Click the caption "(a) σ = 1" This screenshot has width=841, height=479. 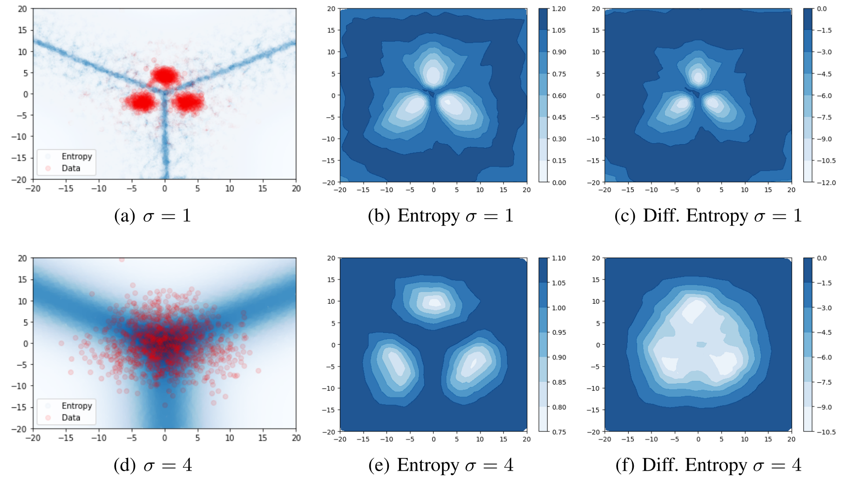(x=153, y=216)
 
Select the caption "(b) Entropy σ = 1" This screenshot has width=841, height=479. (x=441, y=216)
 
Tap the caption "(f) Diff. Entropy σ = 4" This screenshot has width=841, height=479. (x=708, y=465)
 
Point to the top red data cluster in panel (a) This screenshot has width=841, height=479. (x=164, y=75)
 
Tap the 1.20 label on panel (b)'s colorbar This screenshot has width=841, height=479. (x=559, y=9)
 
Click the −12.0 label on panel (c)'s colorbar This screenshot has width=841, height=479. (x=826, y=182)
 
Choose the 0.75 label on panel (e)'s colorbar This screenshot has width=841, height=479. (x=559, y=432)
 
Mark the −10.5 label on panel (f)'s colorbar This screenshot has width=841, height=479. (x=826, y=432)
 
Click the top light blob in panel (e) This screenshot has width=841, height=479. (x=434, y=302)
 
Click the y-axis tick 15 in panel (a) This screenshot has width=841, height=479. (x=22, y=30)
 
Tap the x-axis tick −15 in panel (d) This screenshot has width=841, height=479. (x=65, y=438)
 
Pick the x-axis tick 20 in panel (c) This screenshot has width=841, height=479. (x=791, y=190)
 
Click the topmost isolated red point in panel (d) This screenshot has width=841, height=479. (x=122, y=259)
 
